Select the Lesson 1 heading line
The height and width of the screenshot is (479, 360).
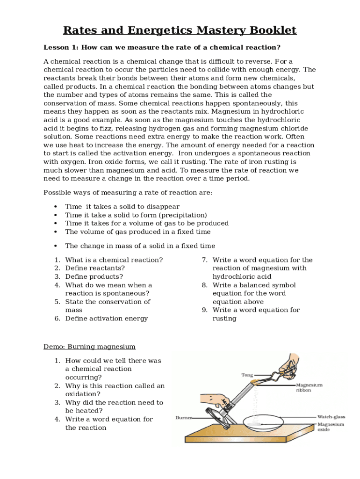[162, 47]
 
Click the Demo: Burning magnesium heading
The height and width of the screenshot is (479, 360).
[89, 347]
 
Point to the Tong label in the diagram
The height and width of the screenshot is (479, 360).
[247, 375]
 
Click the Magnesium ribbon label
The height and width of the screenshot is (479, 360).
[309, 388]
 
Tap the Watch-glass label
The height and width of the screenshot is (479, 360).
[331, 416]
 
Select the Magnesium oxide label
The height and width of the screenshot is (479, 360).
[331, 427]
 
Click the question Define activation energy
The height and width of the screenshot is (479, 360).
[106, 319]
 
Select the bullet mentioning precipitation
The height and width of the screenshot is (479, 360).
[136, 215]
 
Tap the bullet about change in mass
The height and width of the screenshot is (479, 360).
[140, 246]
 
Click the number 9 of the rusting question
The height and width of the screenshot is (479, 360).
[204, 310]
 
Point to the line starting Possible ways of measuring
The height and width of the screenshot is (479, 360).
[128, 193]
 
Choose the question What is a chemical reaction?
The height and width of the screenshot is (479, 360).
[114, 260]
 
